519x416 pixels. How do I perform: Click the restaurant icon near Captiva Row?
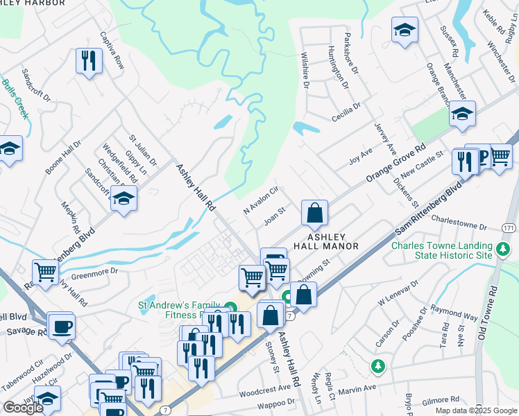pyautogui.click(x=89, y=61)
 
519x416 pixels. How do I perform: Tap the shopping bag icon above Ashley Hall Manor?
pyautogui.click(x=314, y=213)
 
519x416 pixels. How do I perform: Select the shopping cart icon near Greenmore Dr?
pyautogui.click(x=46, y=272)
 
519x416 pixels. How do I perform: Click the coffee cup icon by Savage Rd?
pyautogui.click(x=61, y=325)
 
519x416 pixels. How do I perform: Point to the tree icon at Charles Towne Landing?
pyautogui.click(x=503, y=247)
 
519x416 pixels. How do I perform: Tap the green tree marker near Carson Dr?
pyautogui.click(x=377, y=365)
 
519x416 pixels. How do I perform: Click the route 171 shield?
pyautogui.click(x=510, y=227)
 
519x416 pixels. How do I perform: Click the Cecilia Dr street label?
pyautogui.click(x=346, y=112)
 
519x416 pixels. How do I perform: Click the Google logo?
pyautogui.click(x=24, y=408)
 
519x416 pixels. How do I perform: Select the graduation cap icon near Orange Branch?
pyautogui.click(x=461, y=114)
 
